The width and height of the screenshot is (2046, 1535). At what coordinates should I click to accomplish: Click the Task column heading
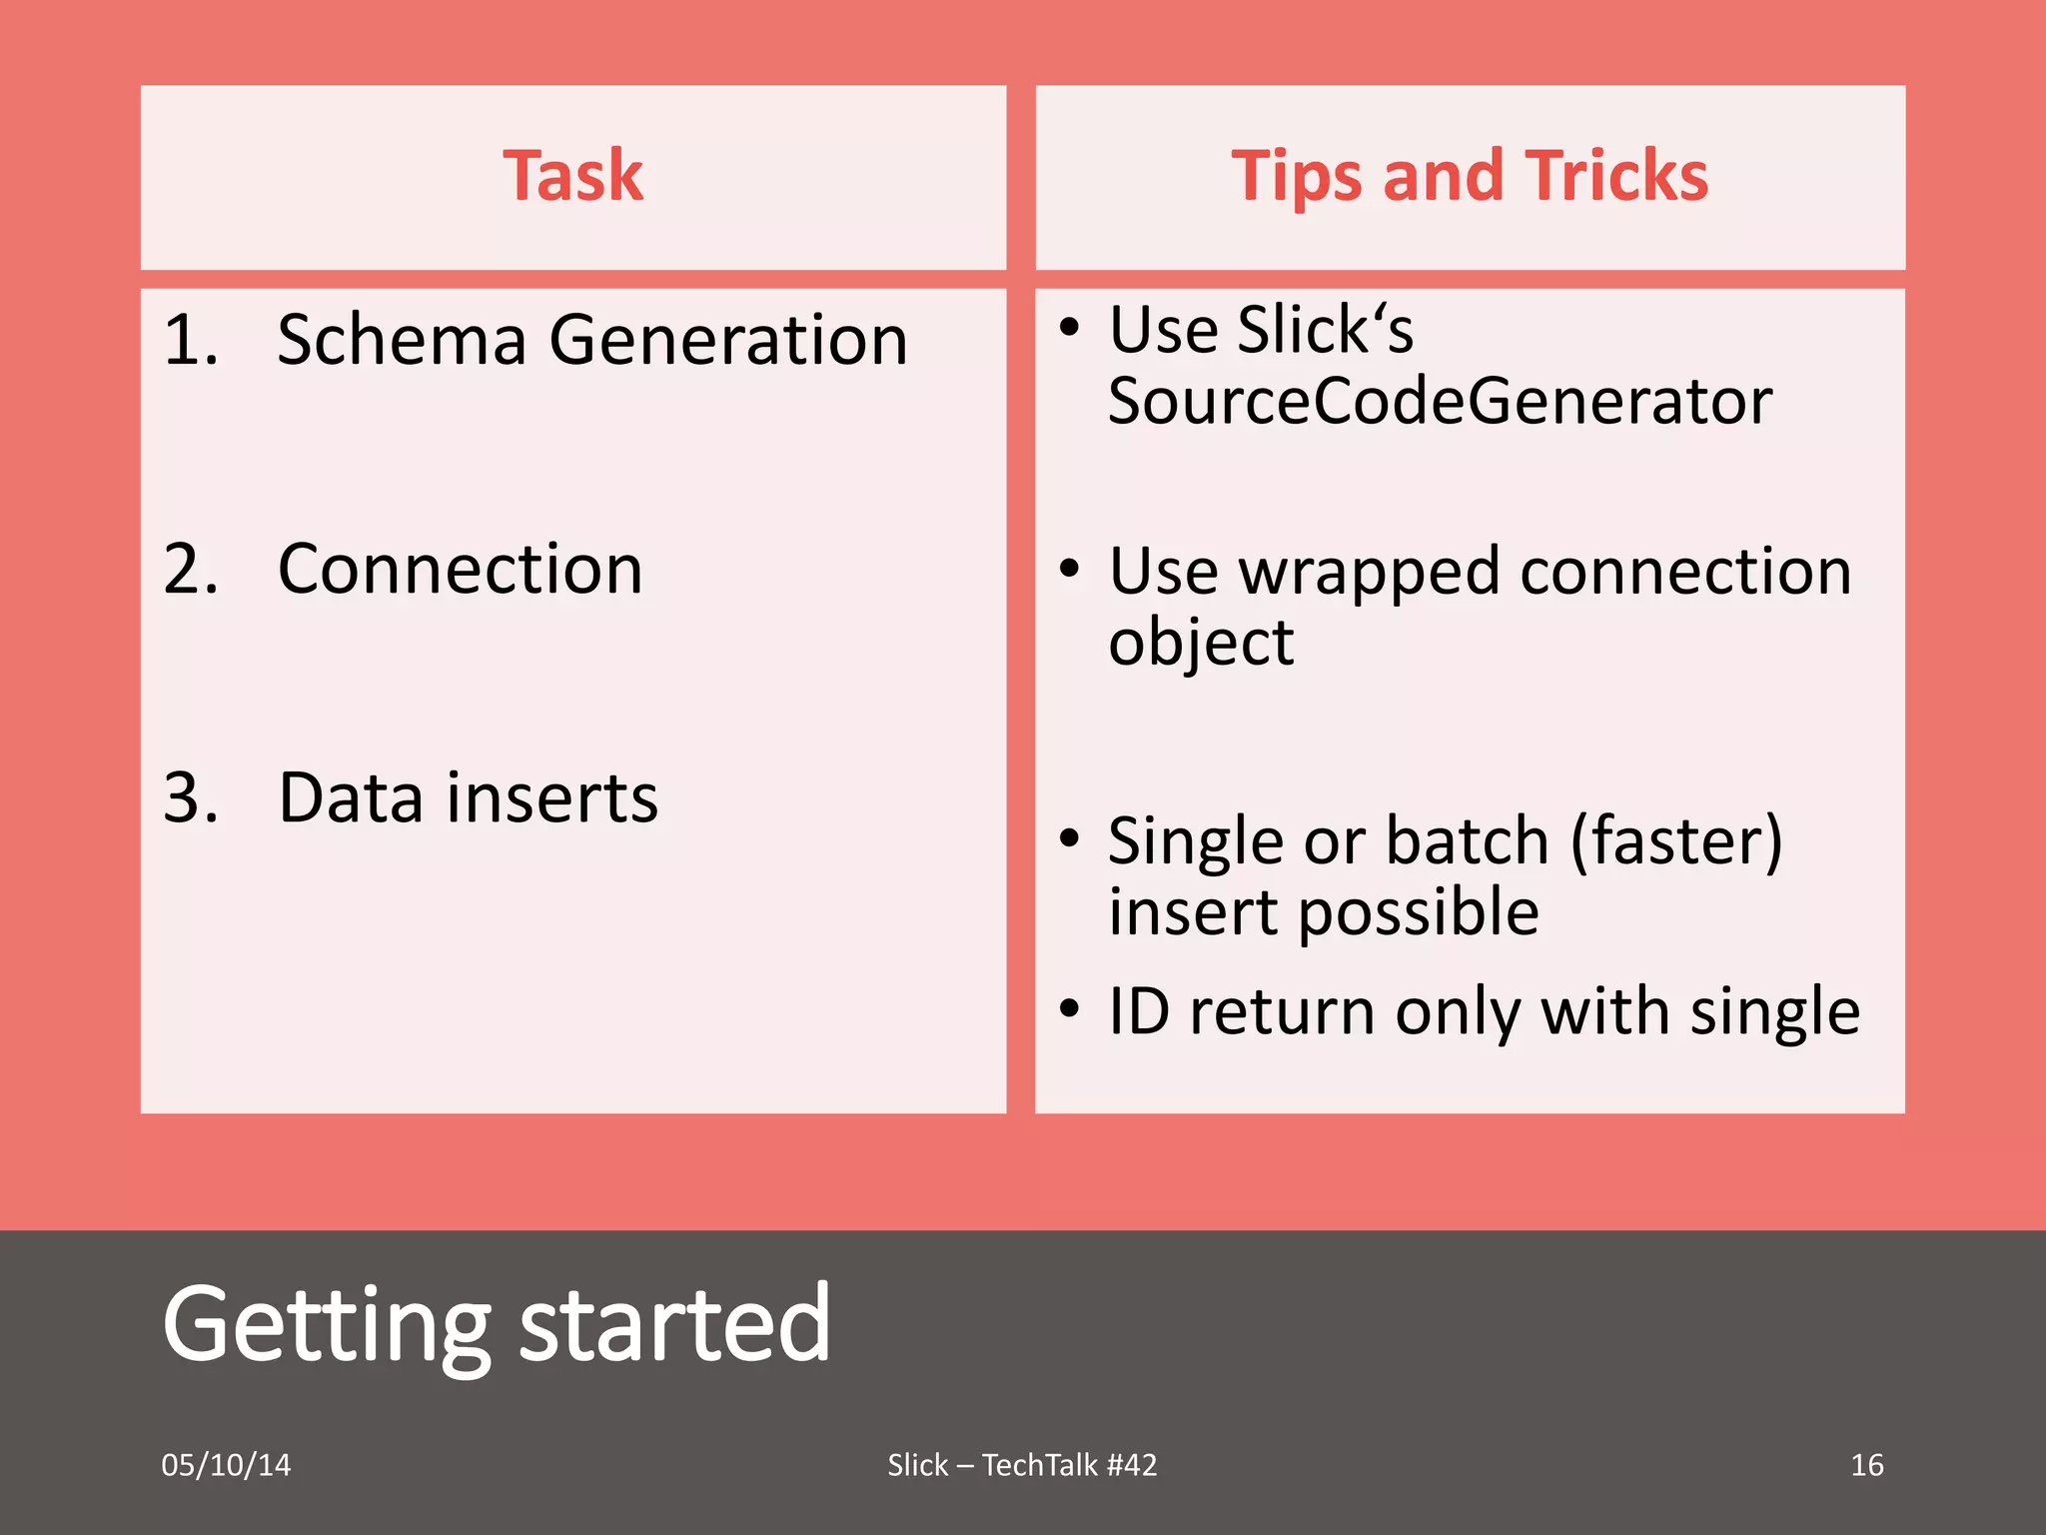pyautogui.click(x=572, y=176)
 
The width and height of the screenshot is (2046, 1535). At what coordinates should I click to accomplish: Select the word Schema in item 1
pyautogui.click(x=401, y=340)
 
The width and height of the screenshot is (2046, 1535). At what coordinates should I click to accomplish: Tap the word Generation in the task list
pyautogui.click(x=728, y=340)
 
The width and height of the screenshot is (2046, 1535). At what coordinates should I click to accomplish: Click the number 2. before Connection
pyautogui.click(x=190, y=570)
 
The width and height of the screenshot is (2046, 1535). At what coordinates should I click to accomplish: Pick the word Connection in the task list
pyautogui.click(x=460, y=570)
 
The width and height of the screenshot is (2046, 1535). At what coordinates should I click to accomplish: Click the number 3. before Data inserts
pyautogui.click(x=190, y=798)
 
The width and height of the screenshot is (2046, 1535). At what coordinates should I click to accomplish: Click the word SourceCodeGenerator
pyautogui.click(x=1439, y=402)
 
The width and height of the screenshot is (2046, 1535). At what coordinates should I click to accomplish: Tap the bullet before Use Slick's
pyautogui.click(x=1070, y=328)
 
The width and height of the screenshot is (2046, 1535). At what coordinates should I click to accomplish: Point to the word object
pyautogui.click(x=1201, y=642)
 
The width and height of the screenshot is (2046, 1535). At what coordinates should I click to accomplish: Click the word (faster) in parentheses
pyautogui.click(x=1675, y=841)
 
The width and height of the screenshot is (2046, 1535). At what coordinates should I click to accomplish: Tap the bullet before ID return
pyautogui.click(x=1070, y=1009)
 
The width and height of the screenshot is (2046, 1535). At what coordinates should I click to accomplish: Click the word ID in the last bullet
pyautogui.click(x=1139, y=1011)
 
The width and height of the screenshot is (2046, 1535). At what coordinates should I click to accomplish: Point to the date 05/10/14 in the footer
pyautogui.click(x=226, y=1465)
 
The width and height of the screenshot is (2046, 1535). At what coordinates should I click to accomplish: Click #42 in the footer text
pyautogui.click(x=1131, y=1465)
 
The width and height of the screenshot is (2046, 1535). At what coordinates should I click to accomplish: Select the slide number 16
pyautogui.click(x=1866, y=1465)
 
